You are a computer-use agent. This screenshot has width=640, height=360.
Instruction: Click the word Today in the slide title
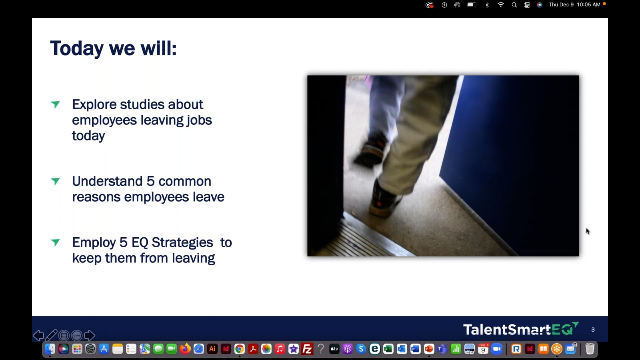77,49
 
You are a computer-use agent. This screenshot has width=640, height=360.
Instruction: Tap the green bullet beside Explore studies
55,105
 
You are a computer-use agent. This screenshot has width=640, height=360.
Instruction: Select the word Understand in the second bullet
107,181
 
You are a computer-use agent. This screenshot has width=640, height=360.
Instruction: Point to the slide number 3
593,330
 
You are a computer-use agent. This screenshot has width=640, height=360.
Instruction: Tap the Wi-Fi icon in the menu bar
501,5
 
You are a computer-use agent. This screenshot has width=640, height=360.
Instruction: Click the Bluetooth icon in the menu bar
487,5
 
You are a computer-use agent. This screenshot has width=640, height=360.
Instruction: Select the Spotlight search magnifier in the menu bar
514,5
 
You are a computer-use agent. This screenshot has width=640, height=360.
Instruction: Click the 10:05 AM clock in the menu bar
589,5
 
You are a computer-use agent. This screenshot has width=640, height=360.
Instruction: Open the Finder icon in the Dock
50,349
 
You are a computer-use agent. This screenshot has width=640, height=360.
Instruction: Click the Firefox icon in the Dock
185,349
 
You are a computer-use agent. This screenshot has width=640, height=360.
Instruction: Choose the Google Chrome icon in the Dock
239,349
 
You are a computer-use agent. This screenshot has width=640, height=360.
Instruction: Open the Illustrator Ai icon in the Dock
212,349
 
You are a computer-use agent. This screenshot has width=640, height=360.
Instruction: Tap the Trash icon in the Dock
590,349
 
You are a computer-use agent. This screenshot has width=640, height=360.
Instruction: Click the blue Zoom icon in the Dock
497,349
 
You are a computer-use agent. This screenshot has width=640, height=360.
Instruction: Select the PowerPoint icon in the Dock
429,349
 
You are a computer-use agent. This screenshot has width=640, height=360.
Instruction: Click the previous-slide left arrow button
38,335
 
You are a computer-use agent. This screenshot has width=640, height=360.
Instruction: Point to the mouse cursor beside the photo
587,231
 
